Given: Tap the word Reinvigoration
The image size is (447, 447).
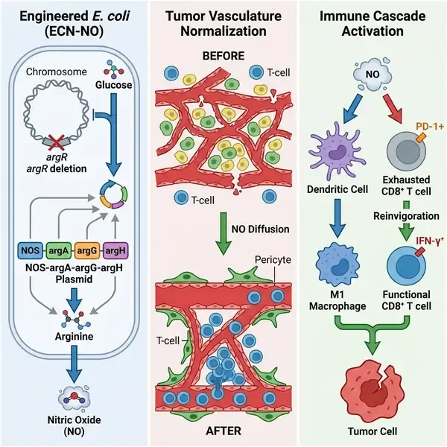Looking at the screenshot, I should (x=405, y=215).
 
